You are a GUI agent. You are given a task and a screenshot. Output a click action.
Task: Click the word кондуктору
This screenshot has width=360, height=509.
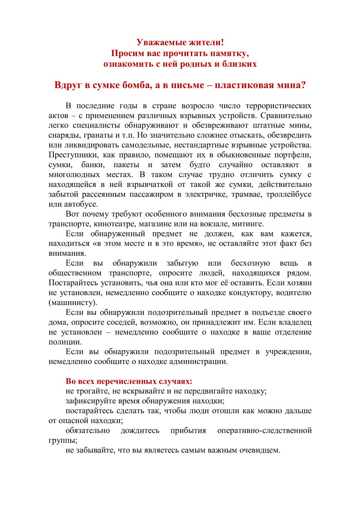[x=252, y=293]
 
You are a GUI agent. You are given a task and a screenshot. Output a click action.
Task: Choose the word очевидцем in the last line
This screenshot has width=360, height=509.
[x=259, y=450]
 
